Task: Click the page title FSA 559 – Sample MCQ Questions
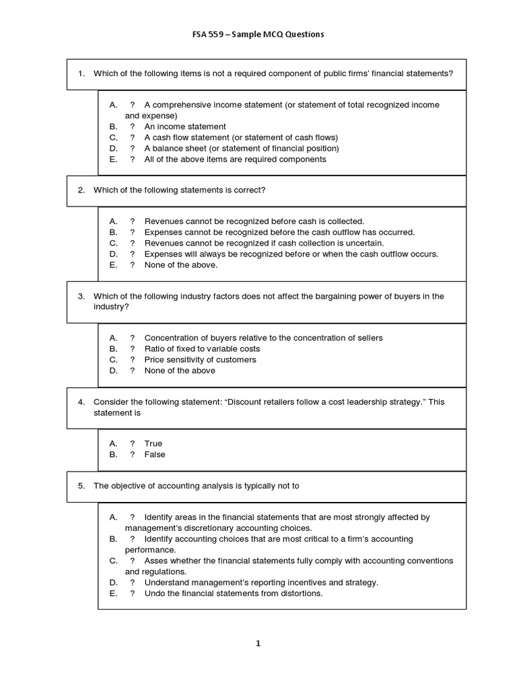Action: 258,34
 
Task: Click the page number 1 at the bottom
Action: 258,643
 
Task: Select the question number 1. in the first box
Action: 81,73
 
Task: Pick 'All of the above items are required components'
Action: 235,159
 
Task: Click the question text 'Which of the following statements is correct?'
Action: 179,190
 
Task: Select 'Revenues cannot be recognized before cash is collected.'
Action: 254,221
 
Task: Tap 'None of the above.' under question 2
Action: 180,265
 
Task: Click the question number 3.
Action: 81,296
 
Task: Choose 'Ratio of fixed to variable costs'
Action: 202,349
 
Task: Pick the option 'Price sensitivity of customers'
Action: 200,359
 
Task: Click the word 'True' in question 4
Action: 153,443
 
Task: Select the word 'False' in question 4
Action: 154,454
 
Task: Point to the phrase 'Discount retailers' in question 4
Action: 260,402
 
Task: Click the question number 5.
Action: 81,486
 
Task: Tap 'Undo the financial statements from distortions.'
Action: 234,593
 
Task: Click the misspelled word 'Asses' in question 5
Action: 156,560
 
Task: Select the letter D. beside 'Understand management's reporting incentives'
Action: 113,583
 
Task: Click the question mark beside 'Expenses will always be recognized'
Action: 132,254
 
